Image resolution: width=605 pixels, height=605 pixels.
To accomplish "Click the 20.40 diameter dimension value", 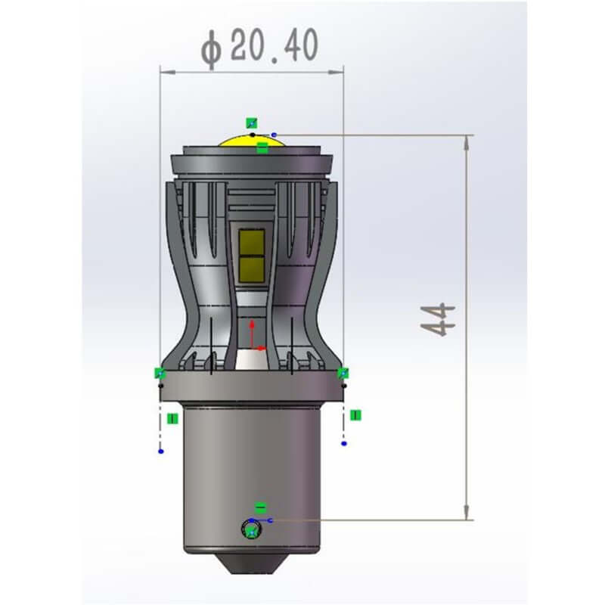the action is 275,45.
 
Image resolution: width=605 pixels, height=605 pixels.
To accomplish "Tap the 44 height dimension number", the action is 438,320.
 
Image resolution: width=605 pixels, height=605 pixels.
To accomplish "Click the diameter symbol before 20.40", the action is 212,49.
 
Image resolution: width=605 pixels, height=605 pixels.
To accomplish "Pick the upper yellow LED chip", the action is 252,242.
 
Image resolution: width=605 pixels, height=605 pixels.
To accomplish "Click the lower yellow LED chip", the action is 252,269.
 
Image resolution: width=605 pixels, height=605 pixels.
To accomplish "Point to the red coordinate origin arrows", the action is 256,336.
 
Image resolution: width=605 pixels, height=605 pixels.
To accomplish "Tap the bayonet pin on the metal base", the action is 252,529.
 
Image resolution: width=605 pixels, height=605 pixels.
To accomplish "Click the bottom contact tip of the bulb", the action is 251,564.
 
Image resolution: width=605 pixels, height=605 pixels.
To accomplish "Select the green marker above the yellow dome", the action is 252,123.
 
